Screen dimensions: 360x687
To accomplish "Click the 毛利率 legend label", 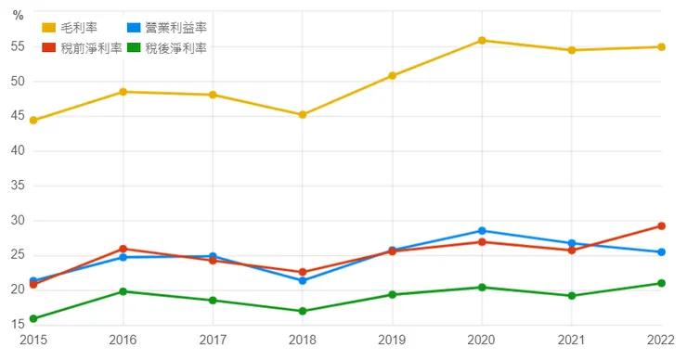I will coord(79,29).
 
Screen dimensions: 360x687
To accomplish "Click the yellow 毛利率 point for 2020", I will coord(482,41).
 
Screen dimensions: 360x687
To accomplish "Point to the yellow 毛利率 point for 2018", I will coord(303,115).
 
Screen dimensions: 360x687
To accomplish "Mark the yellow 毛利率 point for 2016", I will coord(123,92).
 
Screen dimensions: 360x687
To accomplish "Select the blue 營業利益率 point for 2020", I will coord(482,231).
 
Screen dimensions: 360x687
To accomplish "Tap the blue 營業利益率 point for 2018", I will coord(303,280).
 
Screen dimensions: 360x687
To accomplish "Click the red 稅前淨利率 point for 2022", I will coord(661,225).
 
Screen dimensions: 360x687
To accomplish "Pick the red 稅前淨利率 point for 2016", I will coord(123,249).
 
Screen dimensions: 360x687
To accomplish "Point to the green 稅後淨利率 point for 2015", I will coord(33,319).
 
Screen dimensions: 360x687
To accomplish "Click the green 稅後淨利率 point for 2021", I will coord(572,296).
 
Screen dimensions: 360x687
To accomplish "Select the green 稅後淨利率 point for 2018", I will coord(303,311).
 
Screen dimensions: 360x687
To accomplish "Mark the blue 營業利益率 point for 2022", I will coord(661,252).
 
